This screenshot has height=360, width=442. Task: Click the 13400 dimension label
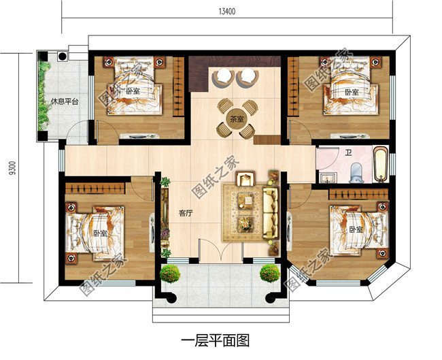pyautogui.click(x=228, y=11)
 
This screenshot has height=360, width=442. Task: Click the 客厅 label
pyautogui.click(x=186, y=212)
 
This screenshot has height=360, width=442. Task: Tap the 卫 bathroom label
pyautogui.click(x=347, y=152)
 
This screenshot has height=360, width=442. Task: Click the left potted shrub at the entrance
pyautogui.click(x=170, y=274)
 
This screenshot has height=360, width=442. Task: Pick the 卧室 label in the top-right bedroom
pyautogui.click(x=351, y=92)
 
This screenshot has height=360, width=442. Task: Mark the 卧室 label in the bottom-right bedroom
pyautogui.click(x=356, y=229)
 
